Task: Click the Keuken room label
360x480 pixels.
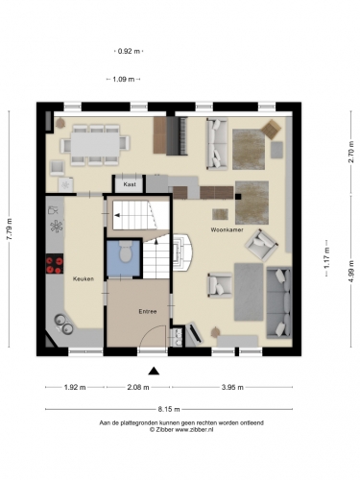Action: (x=84, y=278)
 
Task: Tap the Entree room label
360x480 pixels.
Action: (x=148, y=311)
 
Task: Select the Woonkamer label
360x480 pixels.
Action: (x=227, y=229)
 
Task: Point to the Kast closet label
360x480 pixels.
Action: (x=130, y=184)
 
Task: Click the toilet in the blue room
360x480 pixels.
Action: (x=126, y=252)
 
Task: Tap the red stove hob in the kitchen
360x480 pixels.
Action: (x=54, y=264)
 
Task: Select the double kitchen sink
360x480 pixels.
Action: (x=63, y=324)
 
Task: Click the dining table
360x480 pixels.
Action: (x=95, y=144)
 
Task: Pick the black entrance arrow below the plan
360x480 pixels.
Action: (x=154, y=371)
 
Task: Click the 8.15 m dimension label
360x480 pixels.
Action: (x=169, y=409)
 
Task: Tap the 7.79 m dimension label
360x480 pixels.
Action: (x=10, y=228)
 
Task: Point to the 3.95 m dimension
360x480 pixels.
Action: (x=232, y=387)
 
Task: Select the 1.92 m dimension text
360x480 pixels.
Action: (x=75, y=387)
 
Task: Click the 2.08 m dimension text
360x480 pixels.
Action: (x=138, y=387)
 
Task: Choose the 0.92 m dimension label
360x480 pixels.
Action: (x=129, y=51)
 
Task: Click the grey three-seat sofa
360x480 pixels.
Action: (x=279, y=302)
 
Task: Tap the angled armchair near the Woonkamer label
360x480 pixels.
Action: (x=261, y=244)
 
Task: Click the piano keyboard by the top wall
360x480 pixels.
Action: (x=177, y=136)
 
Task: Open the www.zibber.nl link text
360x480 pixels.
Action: (x=195, y=430)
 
